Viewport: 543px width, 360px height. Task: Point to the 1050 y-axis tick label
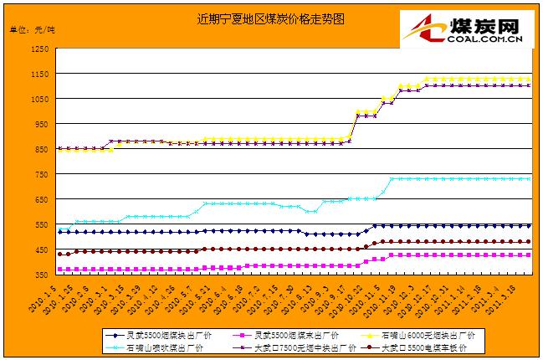point(38,100)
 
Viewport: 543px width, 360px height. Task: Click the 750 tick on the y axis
point(40,174)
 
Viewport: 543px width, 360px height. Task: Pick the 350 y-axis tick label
point(40,274)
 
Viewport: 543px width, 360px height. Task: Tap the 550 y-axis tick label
point(40,224)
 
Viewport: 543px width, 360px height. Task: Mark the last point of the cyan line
point(529,178)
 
